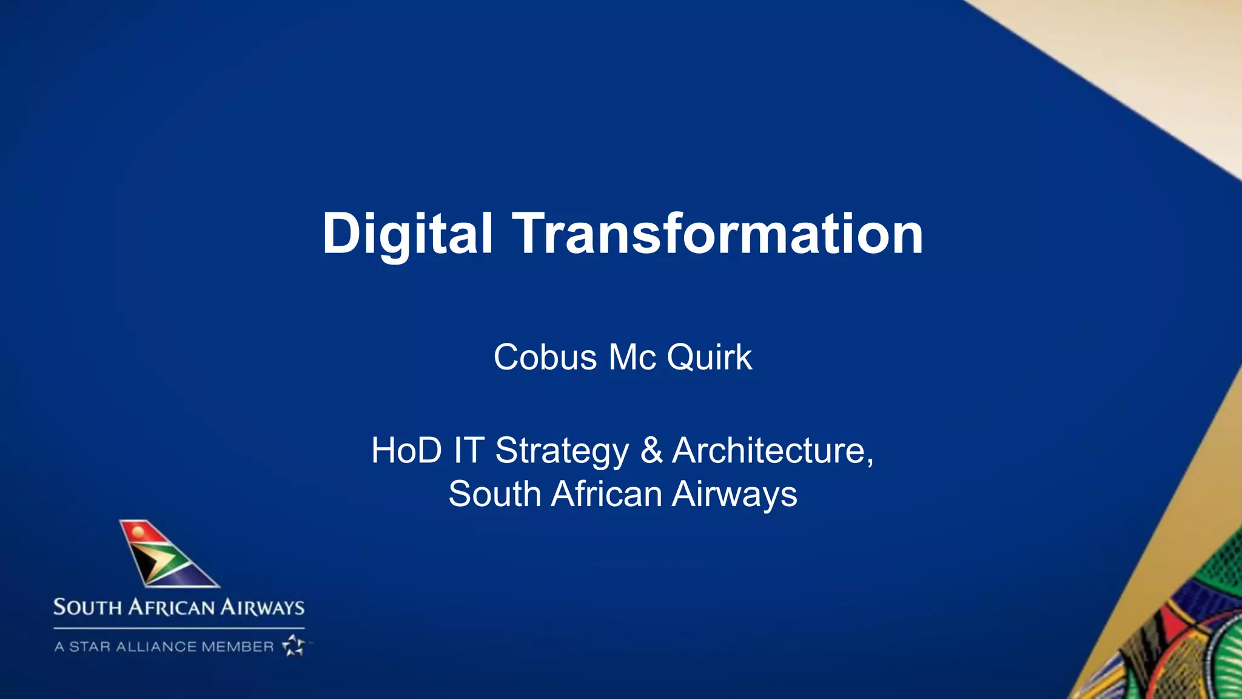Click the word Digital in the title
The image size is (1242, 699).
(x=407, y=234)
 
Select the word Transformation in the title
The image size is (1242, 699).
(x=718, y=234)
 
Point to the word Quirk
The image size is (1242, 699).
(x=710, y=357)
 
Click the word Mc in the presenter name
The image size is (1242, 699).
(x=632, y=357)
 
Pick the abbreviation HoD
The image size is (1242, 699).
(x=406, y=451)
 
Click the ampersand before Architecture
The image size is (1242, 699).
(x=651, y=451)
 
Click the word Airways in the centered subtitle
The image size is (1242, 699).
(x=734, y=495)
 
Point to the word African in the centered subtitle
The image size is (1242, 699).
(x=606, y=493)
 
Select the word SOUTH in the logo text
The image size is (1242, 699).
(x=87, y=607)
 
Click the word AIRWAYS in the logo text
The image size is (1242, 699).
(x=262, y=607)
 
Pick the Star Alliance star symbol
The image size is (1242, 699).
(x=294, y=646)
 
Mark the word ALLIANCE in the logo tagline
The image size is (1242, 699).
(x=156, y=647)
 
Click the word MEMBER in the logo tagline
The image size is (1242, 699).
(x=238, y=647)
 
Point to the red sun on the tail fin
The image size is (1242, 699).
(x=139, y=532)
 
